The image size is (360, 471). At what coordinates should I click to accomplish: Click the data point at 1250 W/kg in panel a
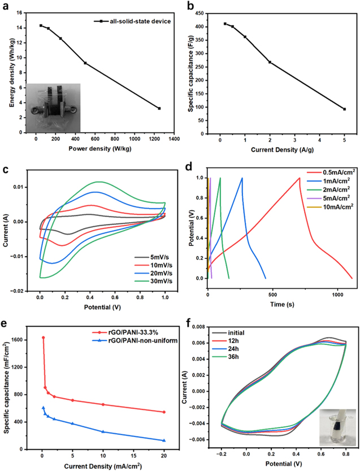pyautogui.click(x=159, y=108)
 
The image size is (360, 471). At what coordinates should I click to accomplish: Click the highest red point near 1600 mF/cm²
pyautogui.click(x=43, y=338)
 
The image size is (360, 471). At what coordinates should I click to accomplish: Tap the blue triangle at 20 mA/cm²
pyautogui.click(x=164, y=440)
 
